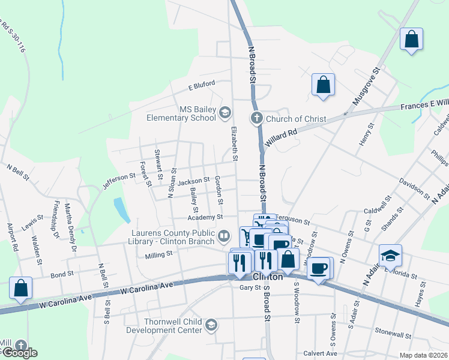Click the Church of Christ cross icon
click(x=257, y=118)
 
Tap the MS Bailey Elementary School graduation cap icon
click(x=224, y=112)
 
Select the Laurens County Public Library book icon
click(x=224, y=236)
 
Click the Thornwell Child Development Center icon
click(x=210, y=325)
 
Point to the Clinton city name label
click(x=268, y=278)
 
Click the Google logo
click(x=19, y=353)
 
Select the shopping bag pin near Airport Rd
click(x=21, y=288)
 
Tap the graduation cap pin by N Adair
click(x=390, y=256)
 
